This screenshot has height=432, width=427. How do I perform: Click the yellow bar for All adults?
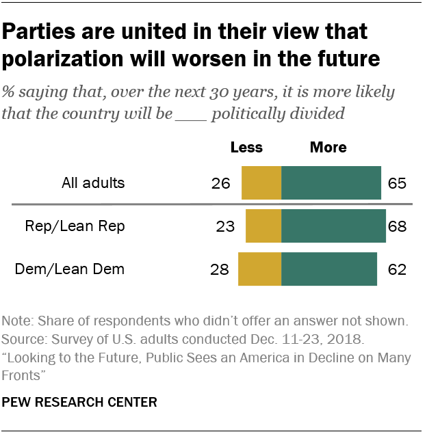pos(261,183)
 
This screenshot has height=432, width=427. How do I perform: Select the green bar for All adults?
pos(331,183)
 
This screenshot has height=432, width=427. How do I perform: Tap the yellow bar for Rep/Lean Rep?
pos(263,226)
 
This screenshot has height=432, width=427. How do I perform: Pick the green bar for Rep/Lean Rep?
pos(333,226)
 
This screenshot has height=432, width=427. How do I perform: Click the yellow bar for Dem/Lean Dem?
pos(259,269)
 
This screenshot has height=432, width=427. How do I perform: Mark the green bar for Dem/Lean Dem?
pos(329,269)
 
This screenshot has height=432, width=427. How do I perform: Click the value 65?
pos(397,183)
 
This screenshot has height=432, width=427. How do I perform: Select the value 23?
pos(226,226)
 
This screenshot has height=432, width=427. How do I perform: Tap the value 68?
pos(398,226)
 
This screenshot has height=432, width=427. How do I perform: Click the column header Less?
pos(246,147)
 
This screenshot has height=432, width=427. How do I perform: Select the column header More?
pos(328,147)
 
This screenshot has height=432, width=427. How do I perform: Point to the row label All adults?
pos(92,183)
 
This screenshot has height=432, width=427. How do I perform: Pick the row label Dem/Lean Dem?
pos(70,269)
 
